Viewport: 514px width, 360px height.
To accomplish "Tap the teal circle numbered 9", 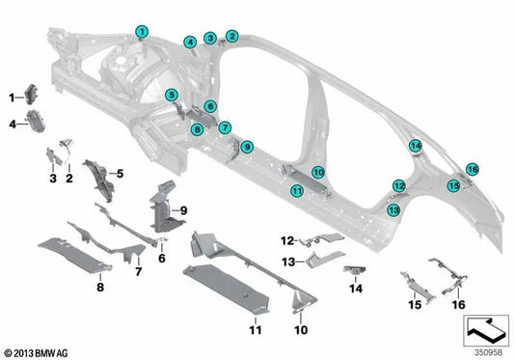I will tap(247, 147).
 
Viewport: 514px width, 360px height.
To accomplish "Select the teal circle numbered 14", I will tap(415, 146).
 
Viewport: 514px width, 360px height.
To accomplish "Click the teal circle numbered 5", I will tap(171, 95).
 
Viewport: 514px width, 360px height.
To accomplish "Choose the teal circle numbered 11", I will tap(298, 191).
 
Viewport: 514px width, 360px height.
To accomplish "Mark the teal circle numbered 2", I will tap(230, 36).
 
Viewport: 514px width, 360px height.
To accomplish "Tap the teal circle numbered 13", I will tap(393, 208).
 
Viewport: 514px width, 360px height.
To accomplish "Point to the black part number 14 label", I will tap(355, 288).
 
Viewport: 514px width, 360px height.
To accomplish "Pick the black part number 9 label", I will tap(183, 209).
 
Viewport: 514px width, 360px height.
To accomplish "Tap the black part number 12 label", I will tap(286, 240).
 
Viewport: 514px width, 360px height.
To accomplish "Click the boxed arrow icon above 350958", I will tap(484, 330).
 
